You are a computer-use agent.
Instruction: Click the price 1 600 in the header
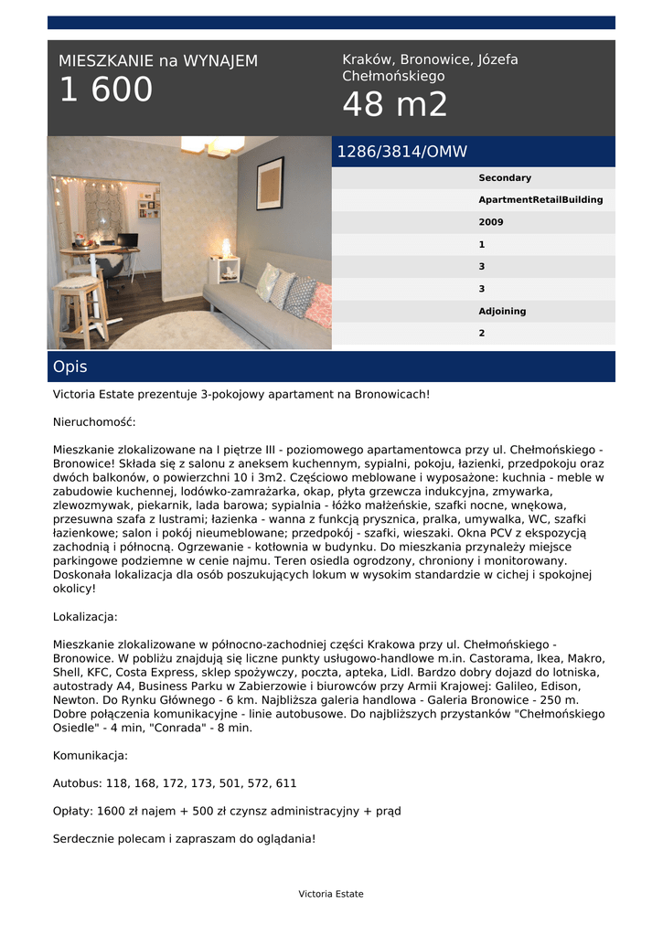click(x=106, y=90)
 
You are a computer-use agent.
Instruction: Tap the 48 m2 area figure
click(x=395, y=106)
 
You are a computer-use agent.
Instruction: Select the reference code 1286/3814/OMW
click(x=401, y=152)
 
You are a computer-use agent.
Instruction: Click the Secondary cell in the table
click(x=504, y=178)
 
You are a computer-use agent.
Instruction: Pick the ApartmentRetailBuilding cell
click(x=540, y=200)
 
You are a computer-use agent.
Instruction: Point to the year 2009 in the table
click(x=491, y=222)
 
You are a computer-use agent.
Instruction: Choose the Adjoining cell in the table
click(x=502, y=312)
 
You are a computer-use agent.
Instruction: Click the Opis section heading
click(x=70, y=367)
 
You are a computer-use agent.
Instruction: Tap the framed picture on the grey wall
click(x=270, y=183)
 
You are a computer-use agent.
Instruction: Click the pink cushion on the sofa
click(x=319, y=305)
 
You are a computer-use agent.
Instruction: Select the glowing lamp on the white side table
click(x=226, y=248)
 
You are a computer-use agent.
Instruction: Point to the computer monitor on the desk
click(x=126, y=240)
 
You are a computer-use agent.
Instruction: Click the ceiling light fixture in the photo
click(x=212, y=145)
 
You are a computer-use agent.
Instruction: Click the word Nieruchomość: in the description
click(x=94, y=422)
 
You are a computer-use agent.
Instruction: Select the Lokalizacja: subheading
click(x=85, y=617)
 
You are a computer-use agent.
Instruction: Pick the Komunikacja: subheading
click(x=91, y=756)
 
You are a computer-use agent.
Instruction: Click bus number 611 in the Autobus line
click(x=285, y=783)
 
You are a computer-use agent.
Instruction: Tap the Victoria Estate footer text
click(x=330, y=894)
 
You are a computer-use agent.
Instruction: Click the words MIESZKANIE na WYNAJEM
click(x=158, y=61)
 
